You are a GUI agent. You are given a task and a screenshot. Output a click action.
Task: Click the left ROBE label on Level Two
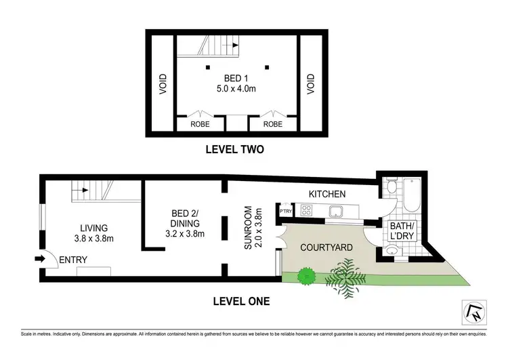coord(198,125)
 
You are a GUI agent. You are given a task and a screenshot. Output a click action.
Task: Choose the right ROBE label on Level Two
coord(272,125)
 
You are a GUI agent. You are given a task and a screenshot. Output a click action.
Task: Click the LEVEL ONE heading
coord(242,300)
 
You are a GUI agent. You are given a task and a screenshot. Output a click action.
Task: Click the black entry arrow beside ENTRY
coord(40,258)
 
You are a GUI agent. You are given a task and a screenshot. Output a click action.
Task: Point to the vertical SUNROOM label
coord(249,230)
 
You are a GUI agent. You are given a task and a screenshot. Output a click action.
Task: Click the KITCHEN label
coord(328,195)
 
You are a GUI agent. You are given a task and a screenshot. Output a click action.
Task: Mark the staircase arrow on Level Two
coord(234,46)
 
